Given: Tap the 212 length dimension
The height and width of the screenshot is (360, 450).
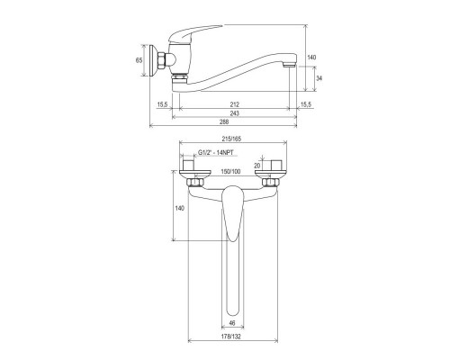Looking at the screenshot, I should coord(234,104).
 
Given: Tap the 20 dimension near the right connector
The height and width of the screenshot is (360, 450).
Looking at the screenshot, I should coord(257,165).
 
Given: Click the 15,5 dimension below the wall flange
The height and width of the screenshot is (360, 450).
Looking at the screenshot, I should coord(163,104).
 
